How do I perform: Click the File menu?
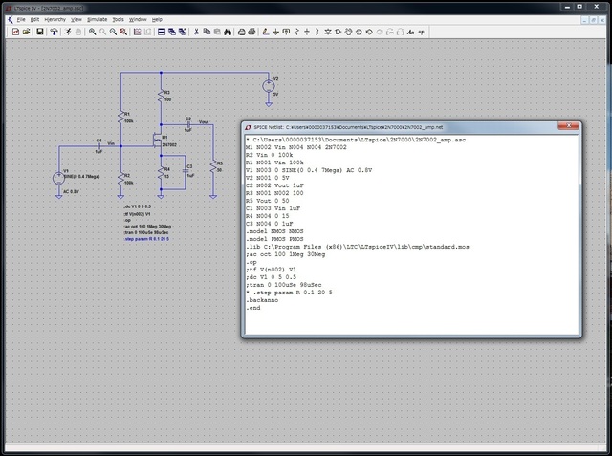click(21, 19)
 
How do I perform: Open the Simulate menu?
click(97, 19)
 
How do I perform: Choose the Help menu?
click(157, 19)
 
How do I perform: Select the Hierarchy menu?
click(55, 19)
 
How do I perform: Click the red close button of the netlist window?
click(570, 126)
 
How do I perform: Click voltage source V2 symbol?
click(267, 87)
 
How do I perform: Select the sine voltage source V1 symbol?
click(56, 177)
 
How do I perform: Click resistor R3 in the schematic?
click(161, 97)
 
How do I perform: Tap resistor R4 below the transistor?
click(161, 173)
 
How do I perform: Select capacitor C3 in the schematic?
click(186, 171)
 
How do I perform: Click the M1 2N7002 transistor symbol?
click(158, 142)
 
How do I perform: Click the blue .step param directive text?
click(146, 239)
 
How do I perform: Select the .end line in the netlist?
click(253, 308)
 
